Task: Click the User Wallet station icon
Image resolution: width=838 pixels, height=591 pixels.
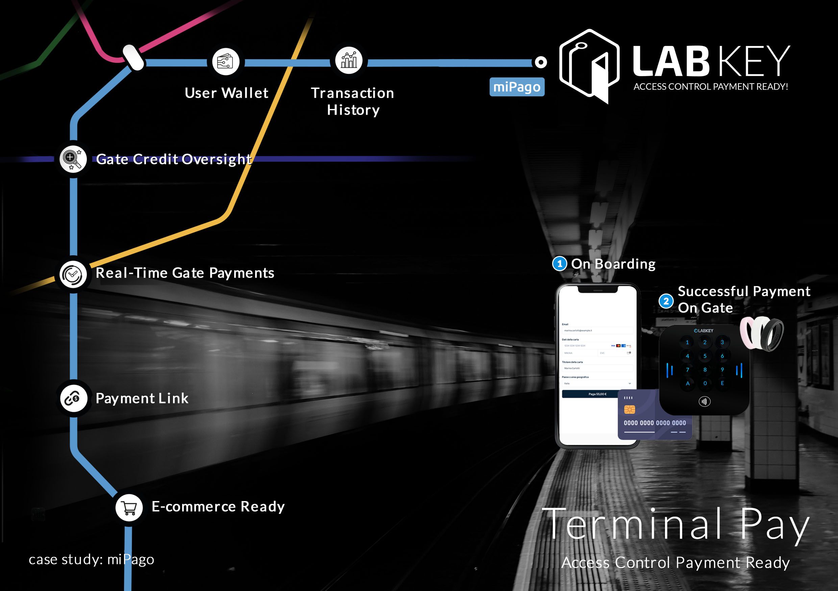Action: tap(226, 62)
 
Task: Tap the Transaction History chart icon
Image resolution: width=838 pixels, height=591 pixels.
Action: tap(349, 60)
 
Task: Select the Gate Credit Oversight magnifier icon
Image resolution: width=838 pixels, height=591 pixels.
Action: tap(73, 159)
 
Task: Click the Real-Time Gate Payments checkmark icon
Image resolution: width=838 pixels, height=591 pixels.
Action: tap(73, 274)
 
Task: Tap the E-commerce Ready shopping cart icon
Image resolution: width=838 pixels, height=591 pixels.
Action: tap(129, 507)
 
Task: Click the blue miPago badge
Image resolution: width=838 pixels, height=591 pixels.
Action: tap(516, 87)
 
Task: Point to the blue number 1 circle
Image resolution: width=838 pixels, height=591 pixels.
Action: tap(560, 264)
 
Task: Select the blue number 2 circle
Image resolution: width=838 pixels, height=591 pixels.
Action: tap(666, 301)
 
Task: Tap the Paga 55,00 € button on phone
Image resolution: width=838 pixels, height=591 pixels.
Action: tap(597, 394)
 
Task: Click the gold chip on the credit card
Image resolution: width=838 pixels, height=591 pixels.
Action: tap(629, 409)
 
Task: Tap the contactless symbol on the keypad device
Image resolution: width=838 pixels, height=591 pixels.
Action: tap(704, 402)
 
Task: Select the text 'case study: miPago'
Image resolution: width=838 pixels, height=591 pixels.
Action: tap(91, 560)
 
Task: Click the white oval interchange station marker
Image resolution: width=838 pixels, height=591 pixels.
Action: tap(133, 57)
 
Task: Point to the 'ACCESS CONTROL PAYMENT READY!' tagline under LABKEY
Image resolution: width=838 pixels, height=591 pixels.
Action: tap(710, 87)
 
